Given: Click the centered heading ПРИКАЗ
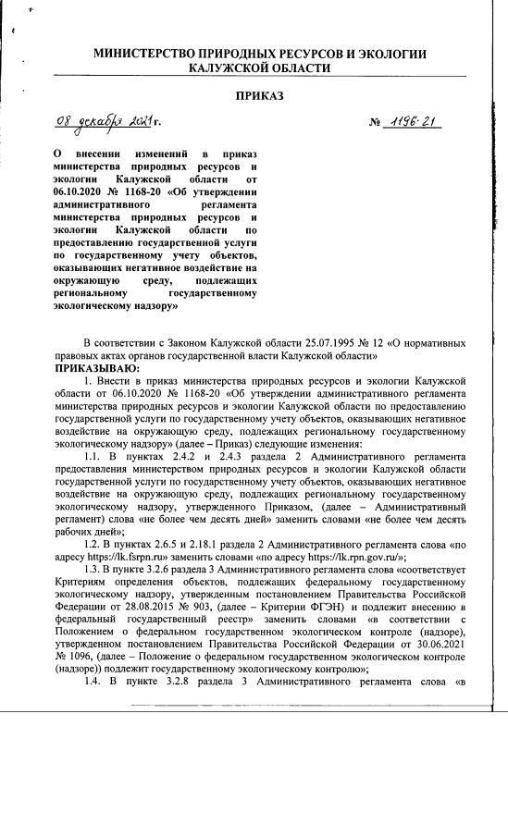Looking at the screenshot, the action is [x=260, y=95].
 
